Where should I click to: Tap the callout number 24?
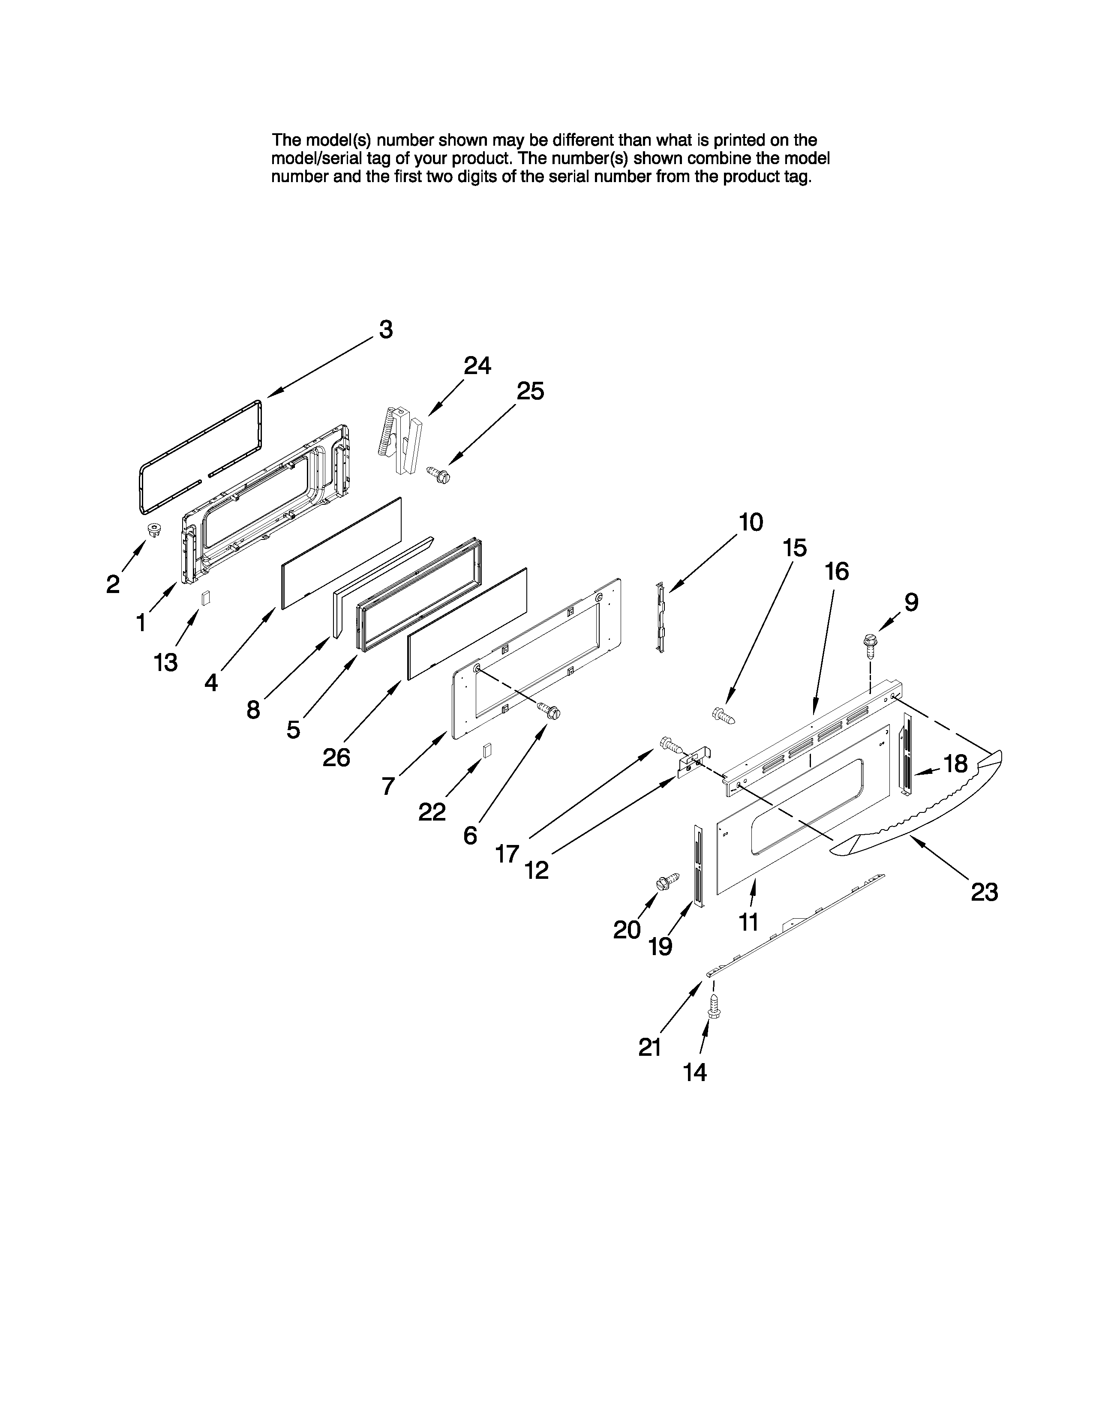pos(477,366)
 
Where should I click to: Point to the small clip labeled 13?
pos(206,598)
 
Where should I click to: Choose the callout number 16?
pos(837,572)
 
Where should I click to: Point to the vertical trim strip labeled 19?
pos(697,866)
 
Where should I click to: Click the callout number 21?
pos(649,1047)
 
